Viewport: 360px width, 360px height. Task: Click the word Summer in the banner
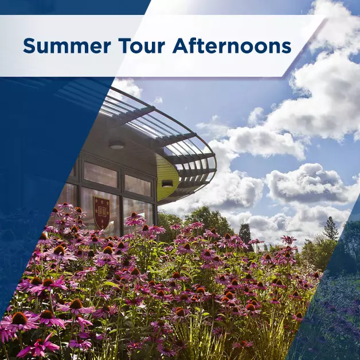click(67, 46)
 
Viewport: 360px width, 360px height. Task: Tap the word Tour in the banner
click(142, 46)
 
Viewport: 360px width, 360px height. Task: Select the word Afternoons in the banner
click(232, 45)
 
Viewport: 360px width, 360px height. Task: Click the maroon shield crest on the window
click(101, 212)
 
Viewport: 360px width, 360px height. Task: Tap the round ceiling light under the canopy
click(117, 144)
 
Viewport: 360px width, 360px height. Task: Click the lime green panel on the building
click(167, 177)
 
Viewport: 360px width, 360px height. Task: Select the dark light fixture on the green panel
click(167, 183)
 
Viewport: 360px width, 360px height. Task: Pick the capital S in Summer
click(30, 46)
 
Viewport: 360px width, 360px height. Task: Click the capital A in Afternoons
click(181, 46)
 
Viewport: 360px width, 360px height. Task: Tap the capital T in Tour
click(125, 46)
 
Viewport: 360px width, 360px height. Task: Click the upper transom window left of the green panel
click(138, 186)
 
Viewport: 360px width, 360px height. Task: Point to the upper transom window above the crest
click(100, 174)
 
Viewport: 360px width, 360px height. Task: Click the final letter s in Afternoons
click(286, 48)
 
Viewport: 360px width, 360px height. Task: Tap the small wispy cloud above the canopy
click(158, 100)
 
